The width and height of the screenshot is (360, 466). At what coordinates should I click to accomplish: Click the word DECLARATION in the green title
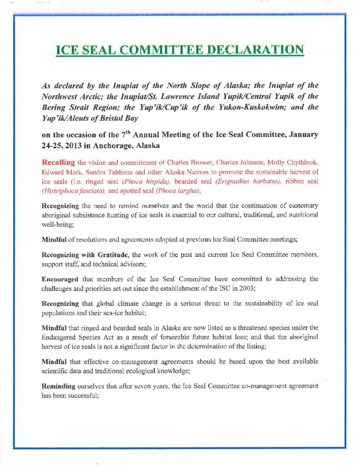255,50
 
